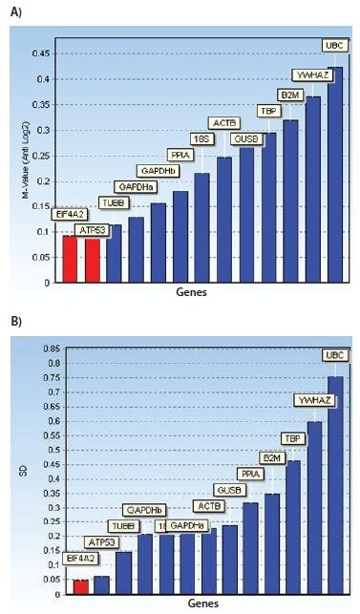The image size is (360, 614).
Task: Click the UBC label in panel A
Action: pyautogui.click(x=334, y=46)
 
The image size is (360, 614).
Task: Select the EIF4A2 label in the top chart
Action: pyautogui.click(x=69, y=215)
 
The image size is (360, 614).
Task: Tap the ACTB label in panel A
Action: pyautogui.click(x=224, y=123)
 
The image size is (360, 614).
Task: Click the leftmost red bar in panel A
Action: pyautogui.click(x=70, y=258)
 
